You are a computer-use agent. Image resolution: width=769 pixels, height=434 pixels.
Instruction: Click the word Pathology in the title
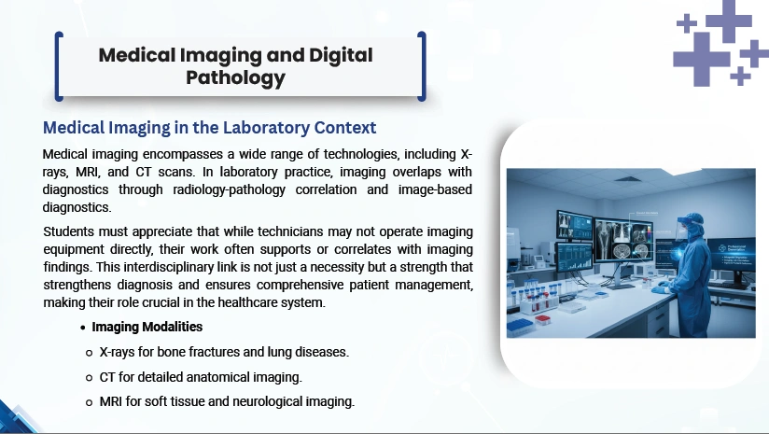pos(235,78)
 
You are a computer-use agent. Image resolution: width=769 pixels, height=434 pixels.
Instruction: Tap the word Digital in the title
pos(341,55)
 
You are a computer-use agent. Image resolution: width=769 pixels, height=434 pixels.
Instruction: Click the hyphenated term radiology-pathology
pos(229,189)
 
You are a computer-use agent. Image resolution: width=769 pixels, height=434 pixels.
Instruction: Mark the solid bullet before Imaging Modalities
pos(83,328)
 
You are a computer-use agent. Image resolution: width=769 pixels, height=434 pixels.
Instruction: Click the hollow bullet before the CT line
pos(89,378)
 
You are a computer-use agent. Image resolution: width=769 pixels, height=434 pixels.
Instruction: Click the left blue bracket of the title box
pos(59,66)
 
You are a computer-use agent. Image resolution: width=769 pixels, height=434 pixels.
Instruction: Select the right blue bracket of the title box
pos(422,66)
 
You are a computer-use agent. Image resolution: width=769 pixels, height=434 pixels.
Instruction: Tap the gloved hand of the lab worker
pos(660,290)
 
